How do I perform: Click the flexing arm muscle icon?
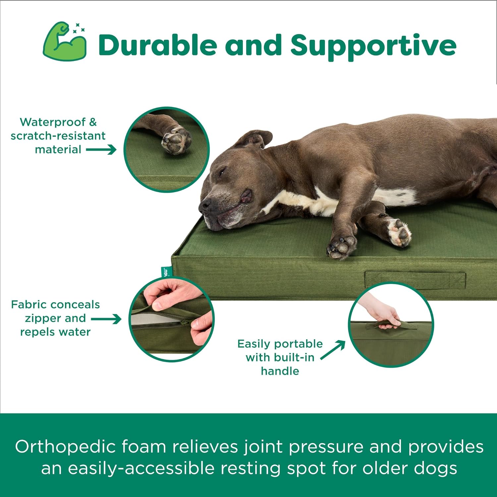pos(65,42)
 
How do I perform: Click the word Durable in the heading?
pos(157,45)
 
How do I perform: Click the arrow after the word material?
pos(101,149)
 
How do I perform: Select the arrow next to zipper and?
pos(106,319)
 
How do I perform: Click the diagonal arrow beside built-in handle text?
pos(333,350)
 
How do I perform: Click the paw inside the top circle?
pos(176,140)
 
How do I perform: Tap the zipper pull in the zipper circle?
pos(186,322)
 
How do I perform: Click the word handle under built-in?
pos(280,371)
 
